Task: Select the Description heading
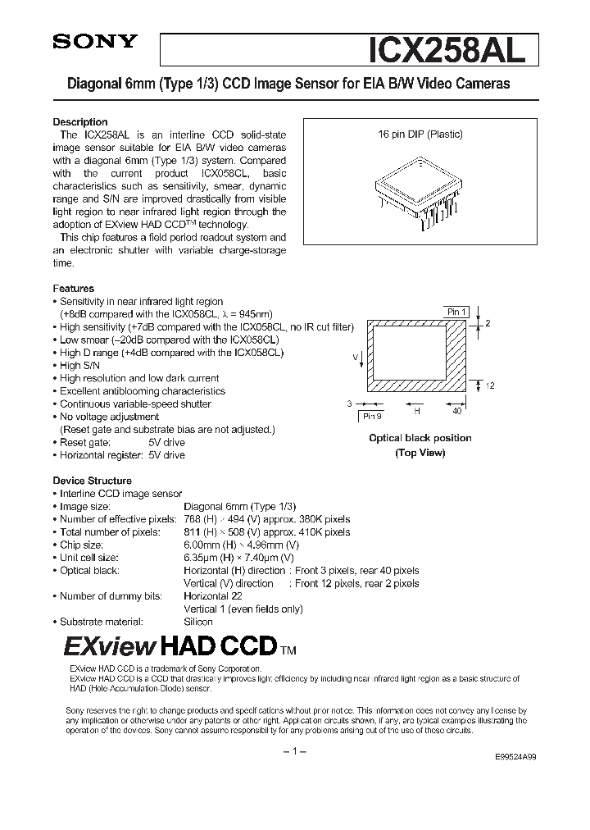pyautogui.click(x=80, y=122)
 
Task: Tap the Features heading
pyautogui.click(x=74, y=289)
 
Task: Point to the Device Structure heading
pyautogui.click(x=93, y=481)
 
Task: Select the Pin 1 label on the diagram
pyautogui.click(x=456, y=312)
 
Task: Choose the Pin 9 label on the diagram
pyautogui.click(x=373, y=417)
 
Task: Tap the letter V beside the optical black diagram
pyautogui.click(x=355, y=358)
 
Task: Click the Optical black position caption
pyautogui.click(x=420, y=438)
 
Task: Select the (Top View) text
pyautogui.click(x=420, y=453)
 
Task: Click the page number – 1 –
pyautogui.click(x=293, y=752)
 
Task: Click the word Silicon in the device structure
pyautogui.click(x=198, y=622)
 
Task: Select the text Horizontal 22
pyautogui.click(x=209, y=596)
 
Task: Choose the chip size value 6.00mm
pyautogui.click(x=202, y=545)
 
